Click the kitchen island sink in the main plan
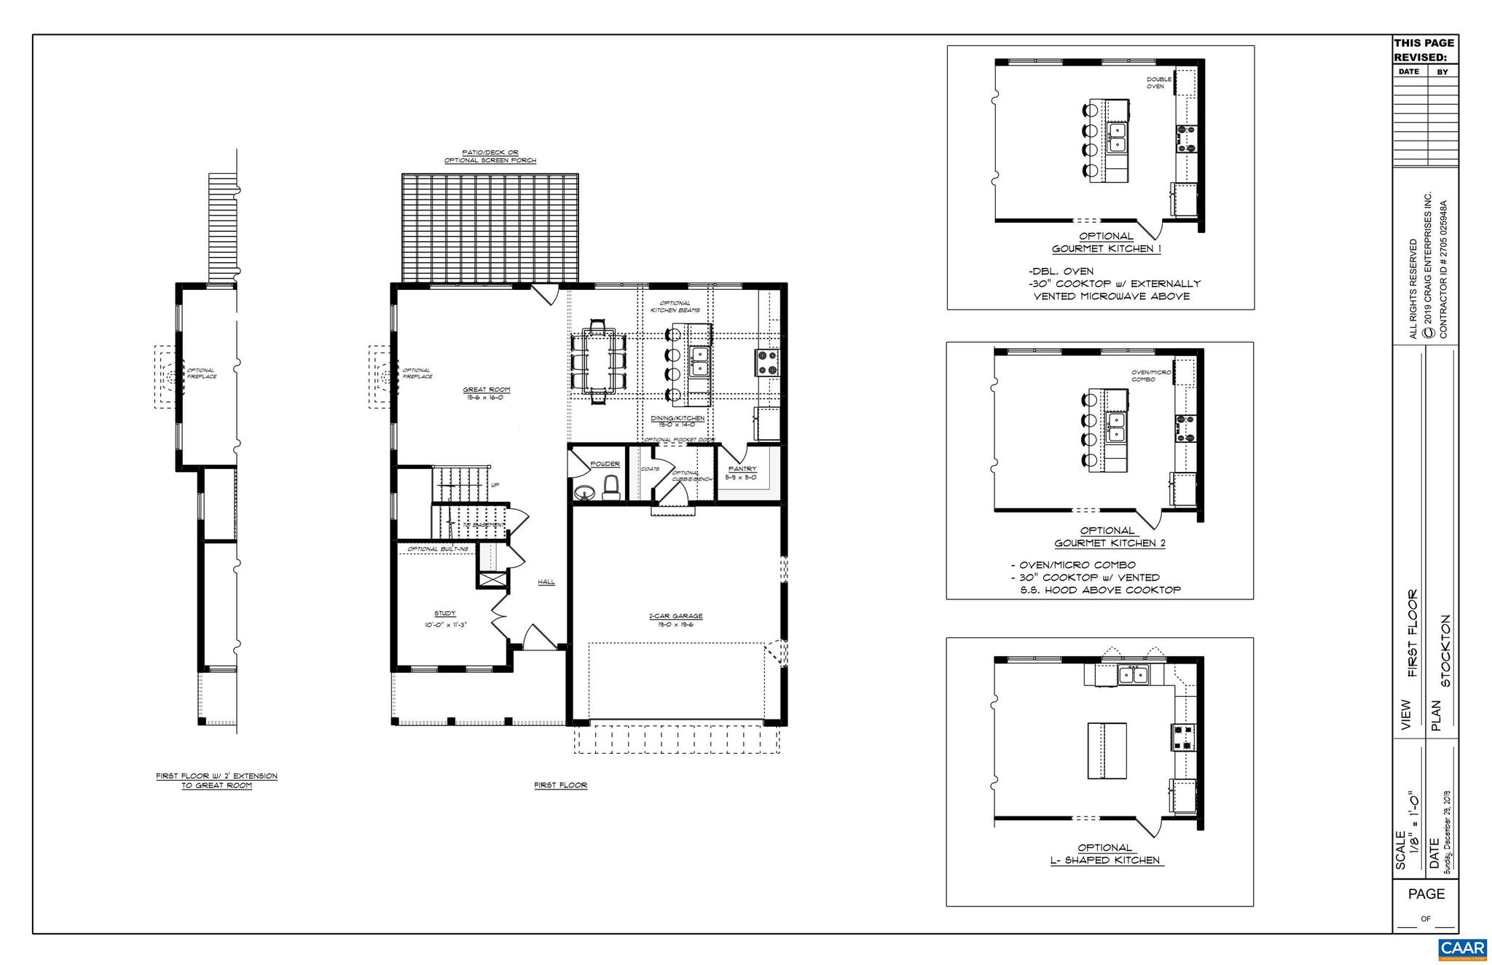click(700, 361)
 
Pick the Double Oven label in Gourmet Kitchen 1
click(1158, 82)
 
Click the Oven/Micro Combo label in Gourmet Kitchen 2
click(1151, 376)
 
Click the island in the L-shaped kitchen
click(1107, 750)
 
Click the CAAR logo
click(1461, 948)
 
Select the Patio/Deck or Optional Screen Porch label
click(490, 156)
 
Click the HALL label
click(546, 582)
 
